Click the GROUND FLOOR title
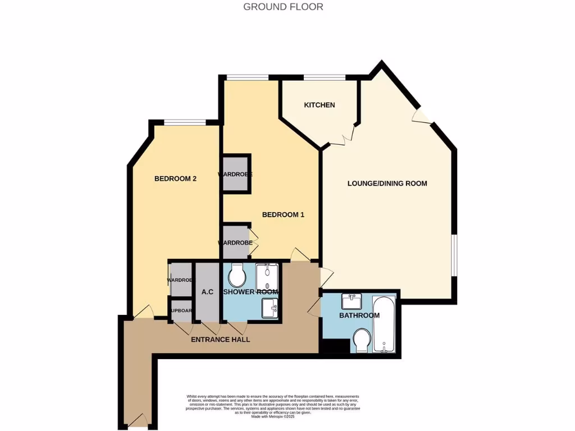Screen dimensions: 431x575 [283, 7]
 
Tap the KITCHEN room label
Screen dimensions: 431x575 [320, 105]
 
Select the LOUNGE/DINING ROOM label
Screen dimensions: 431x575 [387, 184]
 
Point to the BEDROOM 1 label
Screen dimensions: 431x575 [283, 214]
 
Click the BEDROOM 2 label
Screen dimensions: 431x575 [175, 179]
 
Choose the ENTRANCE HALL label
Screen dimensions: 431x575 [220, 340]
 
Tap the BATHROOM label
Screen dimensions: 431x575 [359, 315]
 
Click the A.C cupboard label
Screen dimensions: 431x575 [206, 292]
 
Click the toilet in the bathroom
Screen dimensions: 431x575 [361, 340]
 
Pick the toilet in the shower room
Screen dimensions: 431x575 [238, 274]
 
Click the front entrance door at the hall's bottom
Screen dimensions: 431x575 [138, 420]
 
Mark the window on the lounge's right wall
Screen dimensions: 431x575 [455, 255]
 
